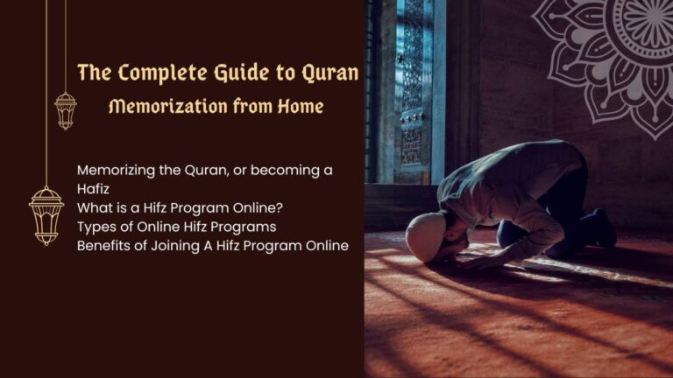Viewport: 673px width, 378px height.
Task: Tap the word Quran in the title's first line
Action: [x=328, y=73]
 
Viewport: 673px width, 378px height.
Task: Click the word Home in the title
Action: [x=301, y=107]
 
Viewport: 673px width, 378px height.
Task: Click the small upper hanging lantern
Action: [x=66, y=110]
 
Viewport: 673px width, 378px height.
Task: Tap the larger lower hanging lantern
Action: [x=46, y=213]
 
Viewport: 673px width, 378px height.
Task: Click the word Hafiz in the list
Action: [x=95, y=188]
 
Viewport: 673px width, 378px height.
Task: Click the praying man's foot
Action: [x=604, y=228]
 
